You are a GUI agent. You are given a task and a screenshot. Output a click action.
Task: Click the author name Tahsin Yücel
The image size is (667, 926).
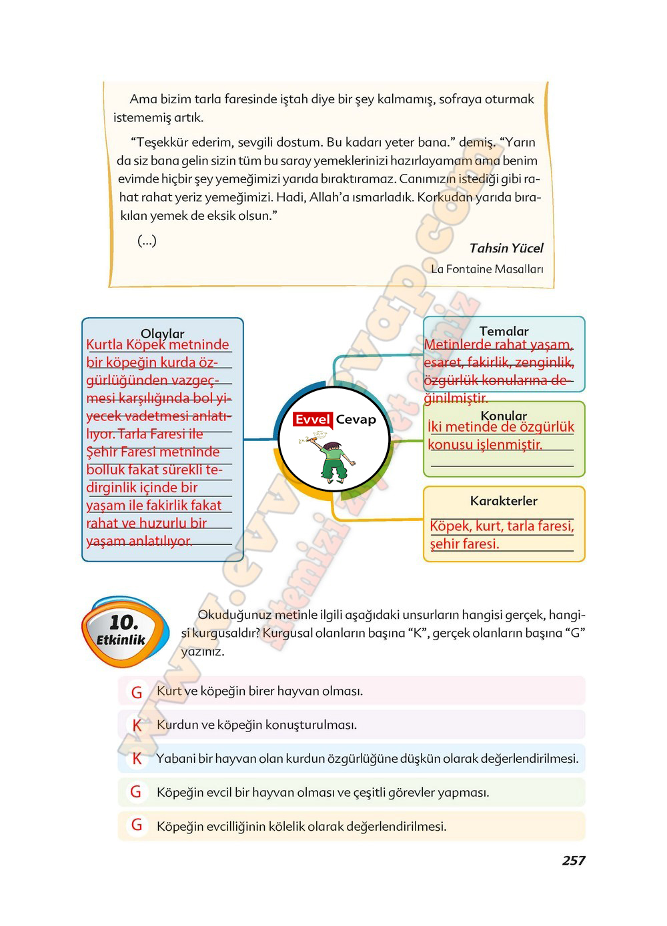[506, 248]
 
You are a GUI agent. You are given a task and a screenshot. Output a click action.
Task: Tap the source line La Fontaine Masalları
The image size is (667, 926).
[487, 269]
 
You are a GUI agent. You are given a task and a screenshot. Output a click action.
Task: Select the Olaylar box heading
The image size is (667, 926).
[162, 333]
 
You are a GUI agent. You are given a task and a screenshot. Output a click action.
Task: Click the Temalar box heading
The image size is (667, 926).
[504, 331]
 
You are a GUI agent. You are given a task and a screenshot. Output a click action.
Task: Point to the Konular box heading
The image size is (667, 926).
[504, 416]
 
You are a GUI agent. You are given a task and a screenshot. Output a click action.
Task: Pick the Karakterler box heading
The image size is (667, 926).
[504, 501]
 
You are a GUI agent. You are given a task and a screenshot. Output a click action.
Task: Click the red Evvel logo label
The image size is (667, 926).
[313, 420]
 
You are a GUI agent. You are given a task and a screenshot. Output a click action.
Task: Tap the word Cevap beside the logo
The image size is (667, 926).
[356, 420]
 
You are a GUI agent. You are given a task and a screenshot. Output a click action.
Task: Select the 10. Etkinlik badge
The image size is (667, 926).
[123, 630]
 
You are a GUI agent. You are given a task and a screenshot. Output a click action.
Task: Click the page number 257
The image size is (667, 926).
[573, 861]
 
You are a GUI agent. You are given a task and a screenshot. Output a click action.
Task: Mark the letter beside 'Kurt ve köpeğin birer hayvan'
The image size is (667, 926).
[137, 692]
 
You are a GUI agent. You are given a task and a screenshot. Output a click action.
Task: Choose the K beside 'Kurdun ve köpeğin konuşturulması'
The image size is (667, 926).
[137, 725]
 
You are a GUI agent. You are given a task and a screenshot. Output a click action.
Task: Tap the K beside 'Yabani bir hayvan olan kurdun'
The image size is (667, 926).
[137, 759]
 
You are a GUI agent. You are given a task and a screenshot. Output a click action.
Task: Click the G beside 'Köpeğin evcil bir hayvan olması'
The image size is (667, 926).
[137, 792]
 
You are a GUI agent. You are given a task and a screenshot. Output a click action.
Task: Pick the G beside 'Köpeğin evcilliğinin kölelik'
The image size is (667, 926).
[137, 825]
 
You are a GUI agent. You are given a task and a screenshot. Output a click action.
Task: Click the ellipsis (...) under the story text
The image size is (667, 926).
[147, 240]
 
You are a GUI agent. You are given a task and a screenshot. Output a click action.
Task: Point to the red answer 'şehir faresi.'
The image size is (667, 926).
[464, 544]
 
